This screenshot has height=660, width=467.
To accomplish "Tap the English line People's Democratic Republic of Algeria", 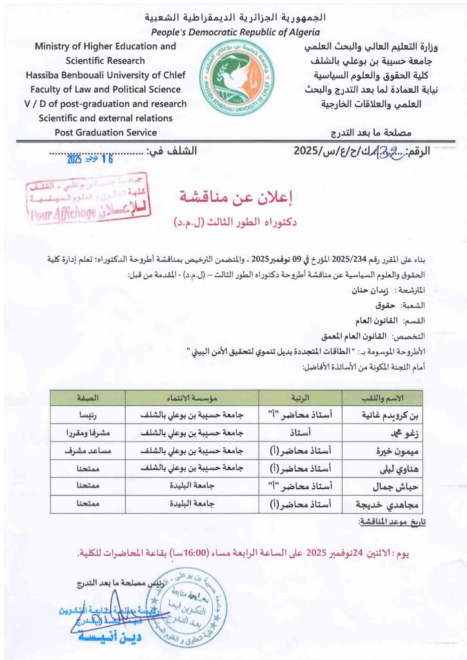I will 235,32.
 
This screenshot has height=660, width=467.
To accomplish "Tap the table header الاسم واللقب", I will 382,397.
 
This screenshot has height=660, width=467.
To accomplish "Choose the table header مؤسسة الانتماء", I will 187,397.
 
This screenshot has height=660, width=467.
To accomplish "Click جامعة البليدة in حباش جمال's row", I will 187,487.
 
